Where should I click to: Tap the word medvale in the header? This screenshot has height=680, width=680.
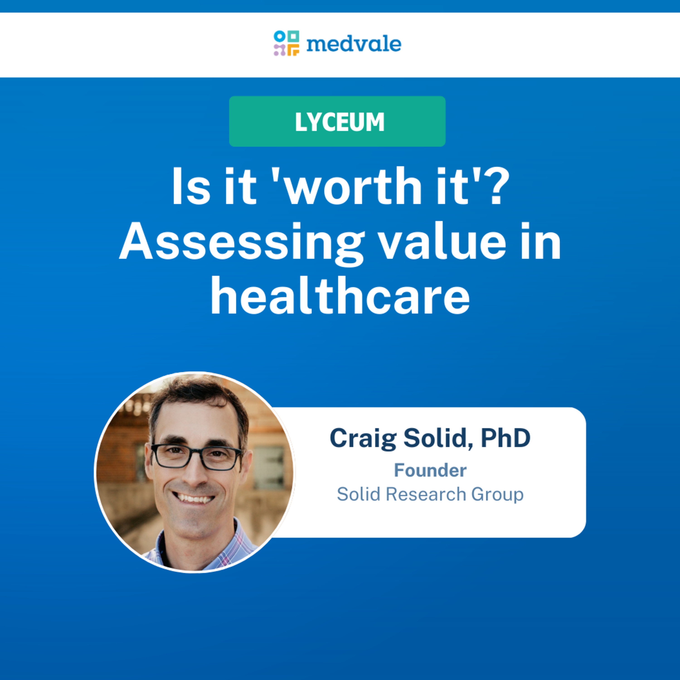click(354, 44)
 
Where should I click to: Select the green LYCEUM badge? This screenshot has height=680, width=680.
click(337, 121)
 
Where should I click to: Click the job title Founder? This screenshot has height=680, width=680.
click(430, 470)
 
